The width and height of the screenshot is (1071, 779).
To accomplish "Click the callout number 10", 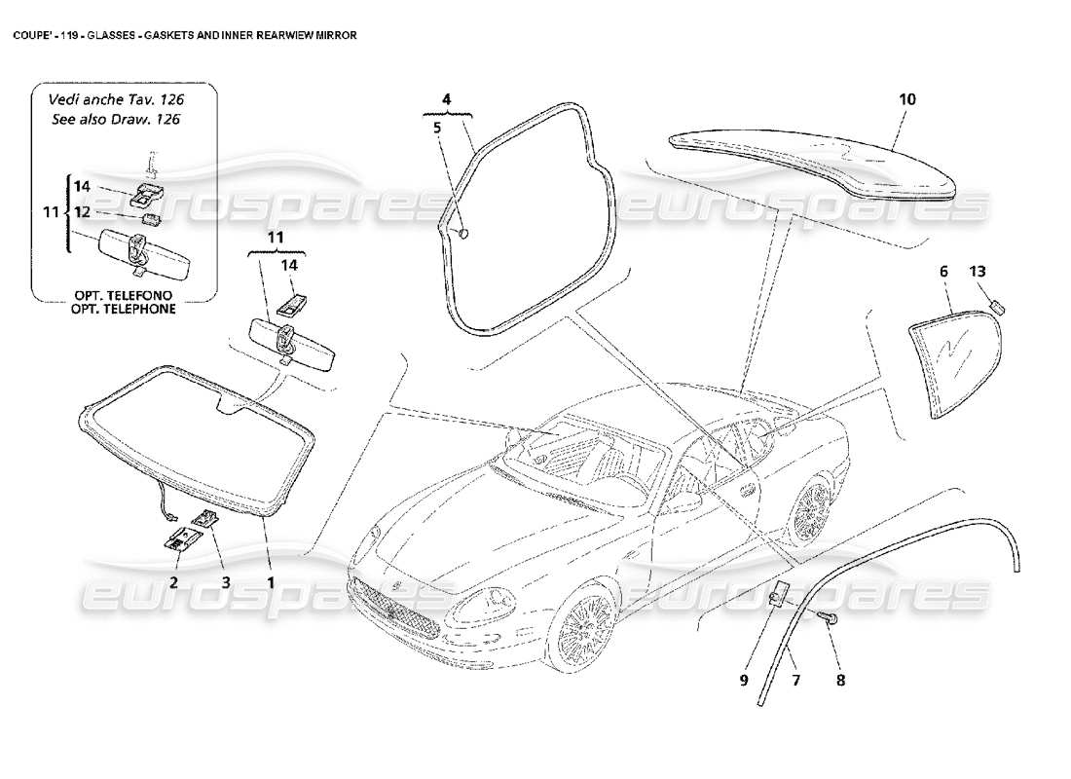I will [906, 99].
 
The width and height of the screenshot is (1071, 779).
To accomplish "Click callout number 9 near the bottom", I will [743, 681].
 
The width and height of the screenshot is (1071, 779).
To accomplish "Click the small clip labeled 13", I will [996, 307].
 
